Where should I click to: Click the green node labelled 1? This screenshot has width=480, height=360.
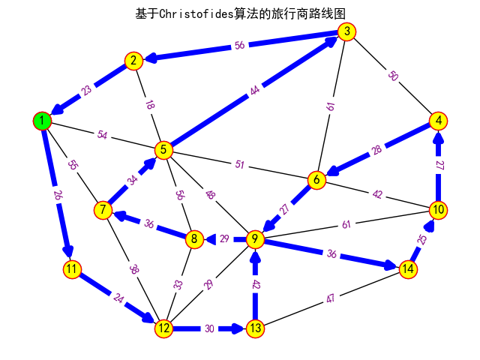[x=43, y=120]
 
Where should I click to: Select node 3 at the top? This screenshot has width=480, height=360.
[x=346, y=31]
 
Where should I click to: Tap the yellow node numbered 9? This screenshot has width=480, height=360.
[x=255, y=239]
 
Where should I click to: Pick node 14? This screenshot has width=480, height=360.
[x=408, y=268]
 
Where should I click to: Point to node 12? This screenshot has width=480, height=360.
[x=163, y=328]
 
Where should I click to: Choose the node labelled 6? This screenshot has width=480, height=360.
[x=316, y=180]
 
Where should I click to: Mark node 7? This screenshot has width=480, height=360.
[x=103, y=210]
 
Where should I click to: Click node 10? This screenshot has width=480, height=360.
[x=439, y=209]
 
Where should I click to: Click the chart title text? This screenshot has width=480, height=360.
[x=240, y=13]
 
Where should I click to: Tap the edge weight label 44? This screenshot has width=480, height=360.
[x=255, y=91]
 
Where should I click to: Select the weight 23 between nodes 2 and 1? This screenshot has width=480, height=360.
[x=88, y=91]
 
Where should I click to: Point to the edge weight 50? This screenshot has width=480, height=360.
[x=392, y=76]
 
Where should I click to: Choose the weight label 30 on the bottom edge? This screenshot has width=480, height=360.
[x=209, y=328]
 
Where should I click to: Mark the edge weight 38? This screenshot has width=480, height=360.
[x=133, y=269]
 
